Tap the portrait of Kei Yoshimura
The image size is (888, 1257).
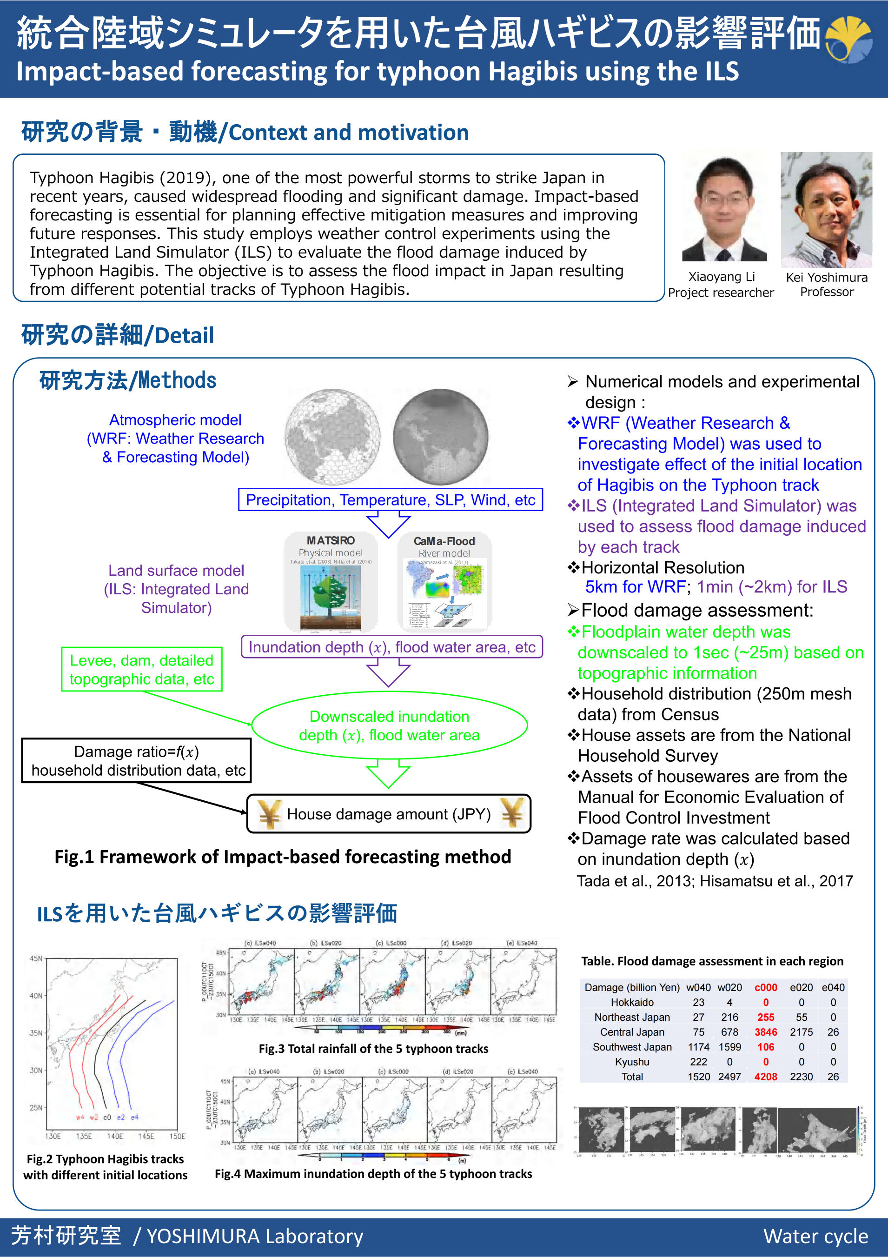pyautogui.click(x=826, y=209)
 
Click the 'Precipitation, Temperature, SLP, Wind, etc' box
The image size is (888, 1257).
pyautogui.click(x=391, y=500)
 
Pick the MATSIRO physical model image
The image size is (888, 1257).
pyautogui.click(x=331, y=581)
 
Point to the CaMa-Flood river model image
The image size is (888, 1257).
pyautogui.click(x=444, y=581)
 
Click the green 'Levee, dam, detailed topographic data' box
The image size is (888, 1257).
pyautogui.click(x=142, y=670)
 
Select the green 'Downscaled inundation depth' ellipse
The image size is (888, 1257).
pyautogui.click(x=389, y=725)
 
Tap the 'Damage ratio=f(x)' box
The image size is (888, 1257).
pyautogui.click(x=136, y=760)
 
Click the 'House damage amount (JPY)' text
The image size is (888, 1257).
pyautogui.click(x=389, y=814)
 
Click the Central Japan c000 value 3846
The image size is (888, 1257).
pyautogui.click(x=765, y=1032)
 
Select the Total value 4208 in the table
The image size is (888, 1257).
pyautogui.click(x=765, y=1077)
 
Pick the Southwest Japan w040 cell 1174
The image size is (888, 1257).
pyautogui.click(x=699, y=1047)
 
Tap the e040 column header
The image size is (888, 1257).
pyautogui.click(x=833, y=987)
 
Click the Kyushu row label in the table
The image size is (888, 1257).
pyautogui.click(x=632, y=1062)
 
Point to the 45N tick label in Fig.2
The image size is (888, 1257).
pyautogui.click(x=36, y=958)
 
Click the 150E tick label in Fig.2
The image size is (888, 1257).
pyautogui.click(x=177, y=1136)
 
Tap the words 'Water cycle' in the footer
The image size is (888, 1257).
pyautogui.click(x=815, y=1236)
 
